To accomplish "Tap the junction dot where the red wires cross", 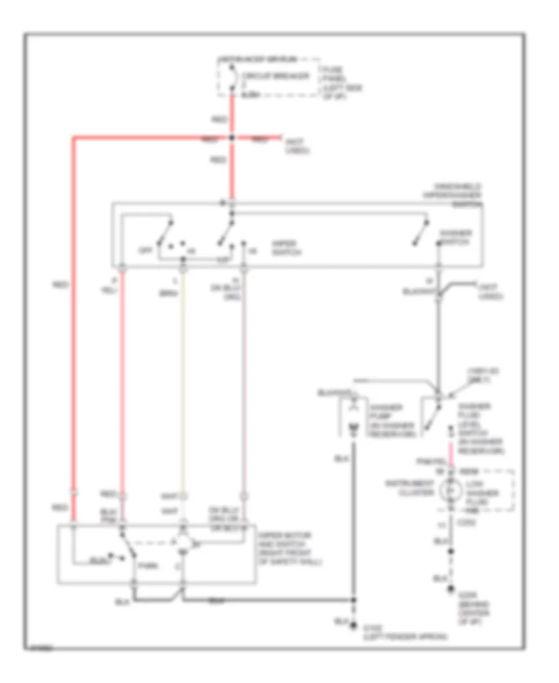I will (231, 137).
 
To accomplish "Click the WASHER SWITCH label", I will (456, 237).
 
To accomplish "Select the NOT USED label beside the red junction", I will (296, 148).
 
